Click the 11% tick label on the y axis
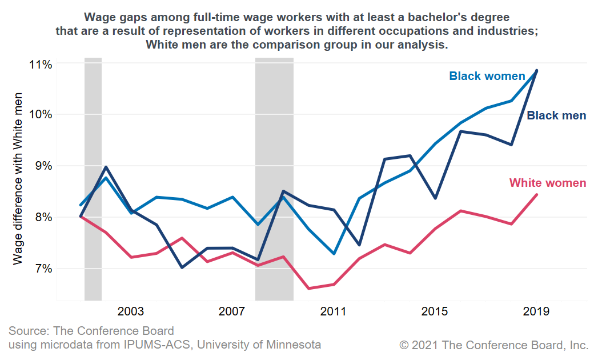40,64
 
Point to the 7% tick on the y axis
42,269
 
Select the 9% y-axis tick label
42,166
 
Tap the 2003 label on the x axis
130,311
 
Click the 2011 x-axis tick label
334,311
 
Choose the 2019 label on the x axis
536,311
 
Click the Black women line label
487,76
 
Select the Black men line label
556,116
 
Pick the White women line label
547,183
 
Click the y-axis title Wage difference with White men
18,178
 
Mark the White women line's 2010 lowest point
308,288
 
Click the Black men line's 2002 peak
106,167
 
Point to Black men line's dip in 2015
435,198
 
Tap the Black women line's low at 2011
334,253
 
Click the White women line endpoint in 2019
536,195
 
